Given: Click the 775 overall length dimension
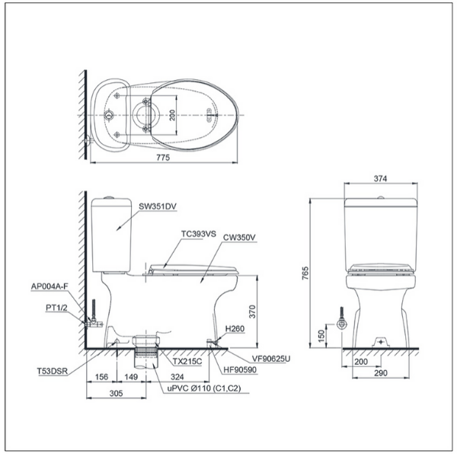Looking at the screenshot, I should [163, 157].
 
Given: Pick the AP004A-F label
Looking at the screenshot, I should [50, 287].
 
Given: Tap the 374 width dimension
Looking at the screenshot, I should [381, 178].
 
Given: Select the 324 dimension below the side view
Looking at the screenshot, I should [178, 377].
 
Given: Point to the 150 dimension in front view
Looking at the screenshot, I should [321, 334].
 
